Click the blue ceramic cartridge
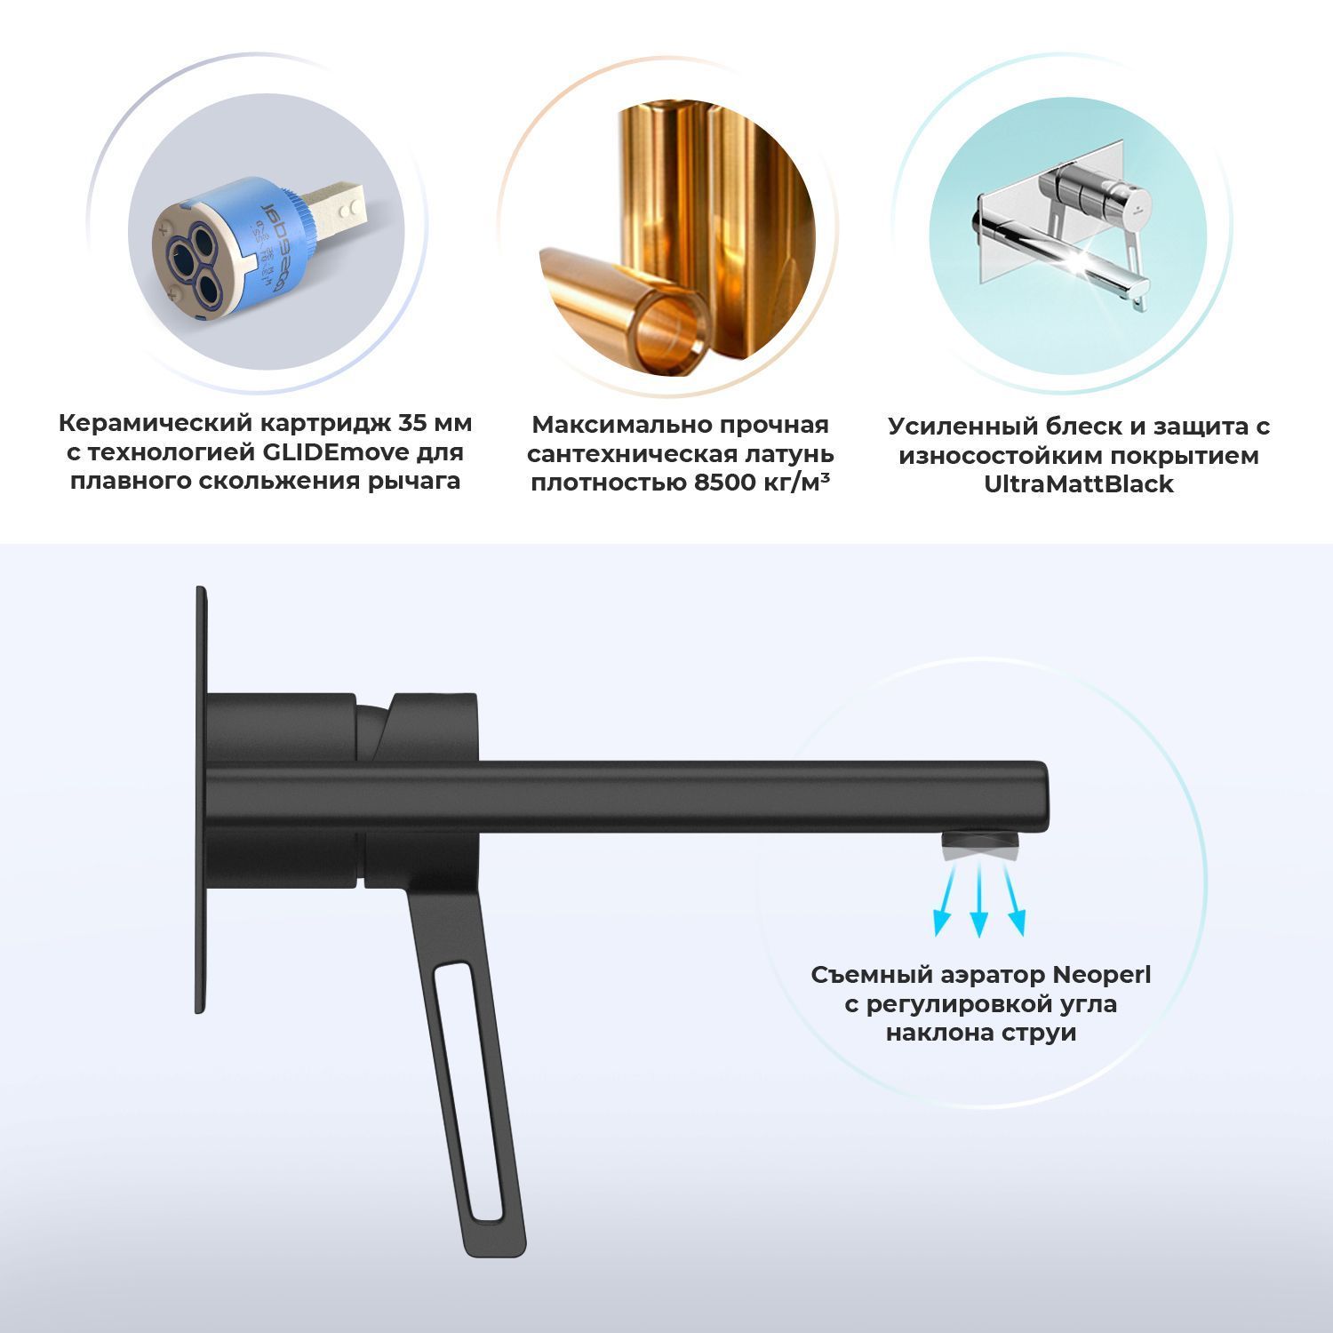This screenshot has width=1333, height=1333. coord(240,249)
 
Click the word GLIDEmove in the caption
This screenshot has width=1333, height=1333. coord(335,452)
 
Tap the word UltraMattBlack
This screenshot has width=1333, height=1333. coord(1078,485)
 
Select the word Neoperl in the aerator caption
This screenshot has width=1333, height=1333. coord(1101,975)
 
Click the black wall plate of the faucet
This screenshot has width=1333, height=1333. coord(202,799)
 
